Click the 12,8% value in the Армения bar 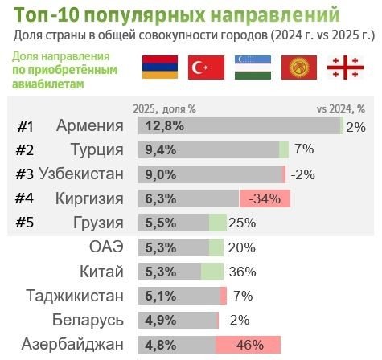click(165, 126)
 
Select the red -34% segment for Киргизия click(264, 198)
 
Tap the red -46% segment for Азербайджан click(248, 345)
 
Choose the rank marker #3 click(25, 174)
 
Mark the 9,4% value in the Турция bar click(161, 150)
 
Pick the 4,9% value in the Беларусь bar click(161, 321)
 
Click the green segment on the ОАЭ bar click(216, 247)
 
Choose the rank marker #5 click(25, 223)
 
